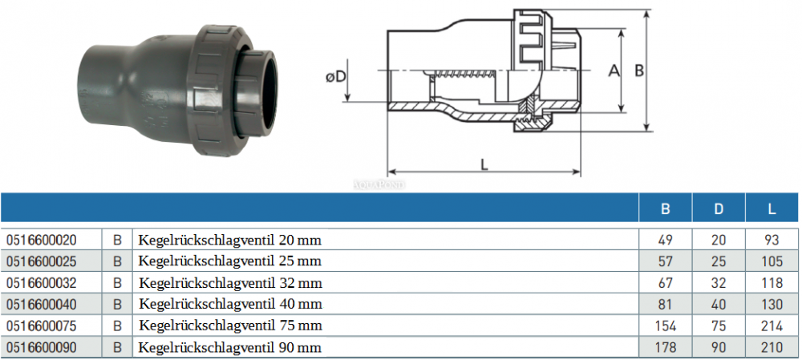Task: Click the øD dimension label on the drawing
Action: (x=335, y=77)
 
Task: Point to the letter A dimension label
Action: (x=614, y=71)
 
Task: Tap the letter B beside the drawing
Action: (x=639, y=71)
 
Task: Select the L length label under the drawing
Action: (x=484, y=164)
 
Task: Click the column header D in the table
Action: (x=719, y=209)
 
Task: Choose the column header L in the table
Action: (x=772, y=209)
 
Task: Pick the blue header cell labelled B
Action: (x=666, y=209)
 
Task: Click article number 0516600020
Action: (x=41, y=240)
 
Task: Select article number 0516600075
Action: (x=41, y=326)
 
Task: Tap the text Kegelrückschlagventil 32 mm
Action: (x=231, y=283)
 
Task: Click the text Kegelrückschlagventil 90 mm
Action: (x=231, y=348)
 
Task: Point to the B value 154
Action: (x=666, y=326)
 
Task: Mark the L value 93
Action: (x=772, y=240)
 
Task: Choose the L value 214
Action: (x=772, y=326)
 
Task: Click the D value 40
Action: (x=719, y=305)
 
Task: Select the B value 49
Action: (x=666, y=240)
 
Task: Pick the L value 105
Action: (x=772, y=261)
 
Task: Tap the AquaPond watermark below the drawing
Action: (x=379, y=184)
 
